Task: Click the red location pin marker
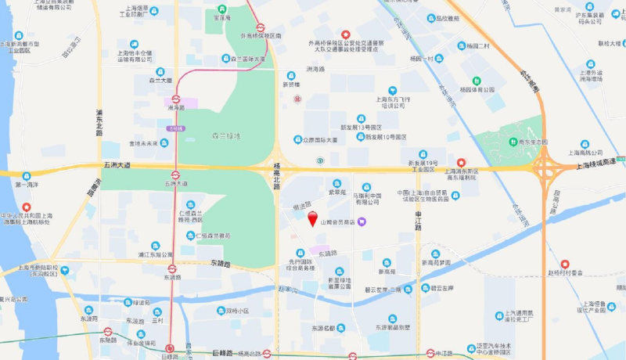click(314, 219)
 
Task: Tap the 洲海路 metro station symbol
click(177, 99)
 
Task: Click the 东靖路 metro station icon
click(172, 268)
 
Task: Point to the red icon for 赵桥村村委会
click(564, 263)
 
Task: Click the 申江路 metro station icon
click(430, 353)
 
